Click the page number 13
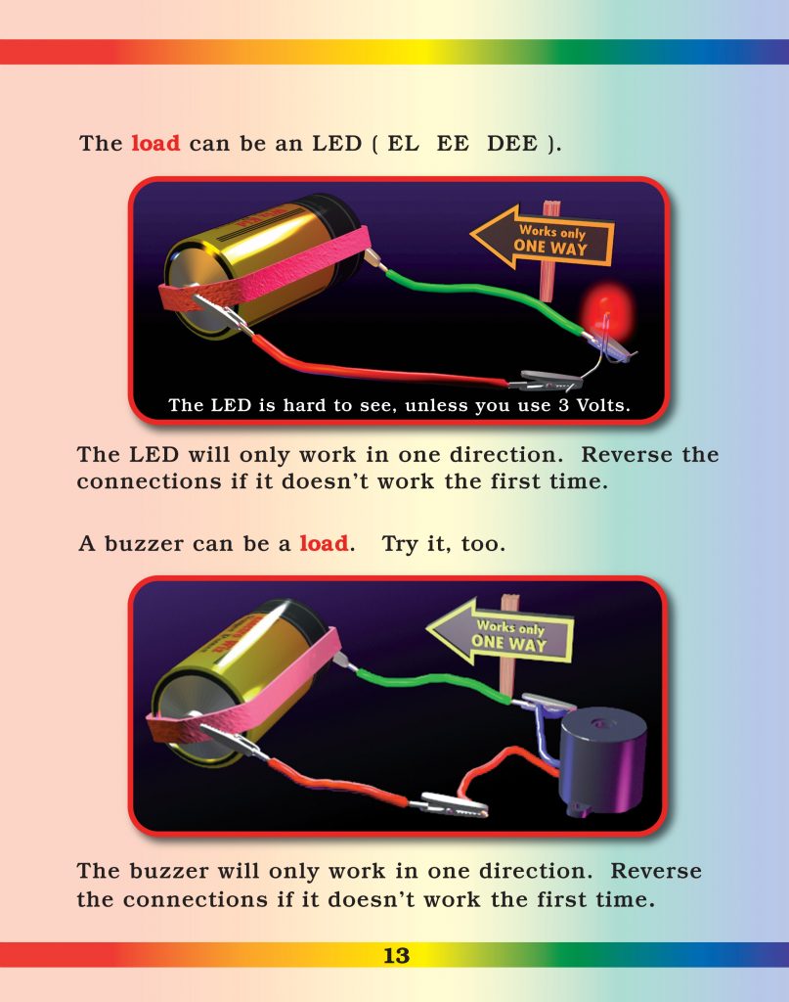point(396,956)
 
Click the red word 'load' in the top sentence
point(155,143)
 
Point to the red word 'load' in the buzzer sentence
point(323,543)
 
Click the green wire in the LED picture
point(469,291)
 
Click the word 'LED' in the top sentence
point(336,144)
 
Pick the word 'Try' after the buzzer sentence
point(400,543)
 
